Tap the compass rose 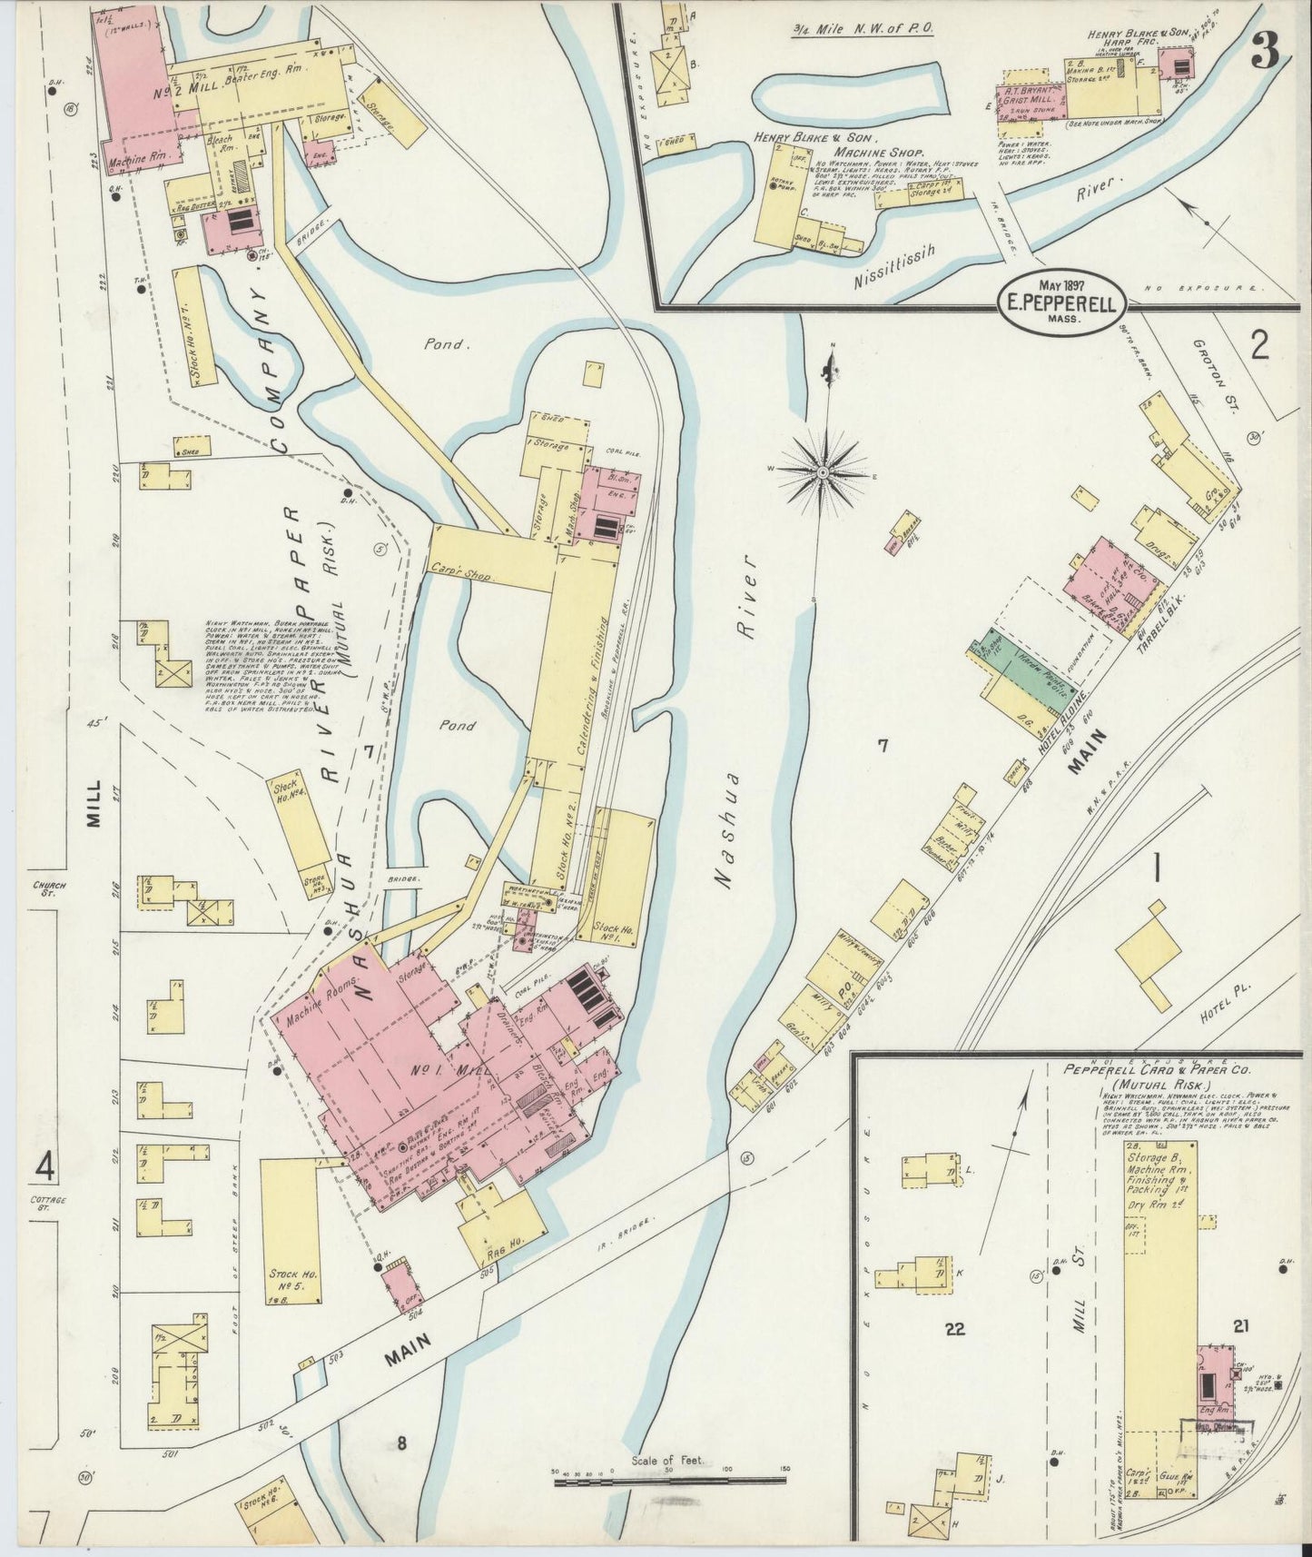[823, 472]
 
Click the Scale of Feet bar [672, 1482]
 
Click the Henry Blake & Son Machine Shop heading [835, 144]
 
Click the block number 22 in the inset [954, 1329]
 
